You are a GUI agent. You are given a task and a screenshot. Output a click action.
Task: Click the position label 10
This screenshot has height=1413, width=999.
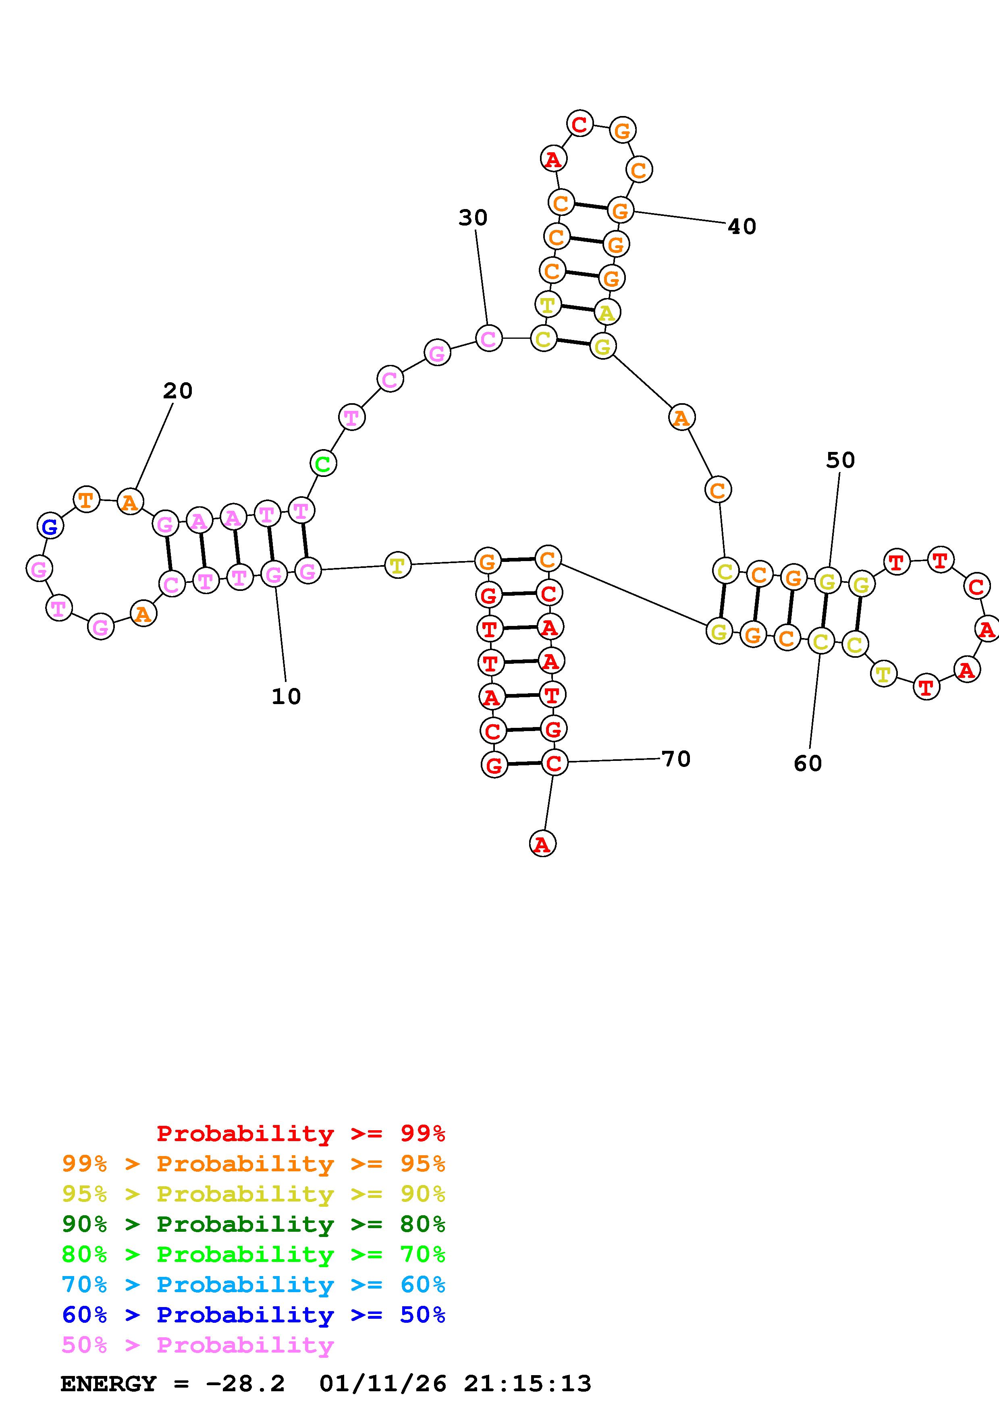click(286, 696)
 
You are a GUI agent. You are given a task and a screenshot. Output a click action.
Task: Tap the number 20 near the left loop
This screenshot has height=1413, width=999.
click(178, 390)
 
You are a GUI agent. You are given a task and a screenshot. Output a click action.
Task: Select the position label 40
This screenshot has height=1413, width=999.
click(742, 226)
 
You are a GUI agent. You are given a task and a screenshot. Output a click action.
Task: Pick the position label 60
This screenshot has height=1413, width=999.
click(808, 763)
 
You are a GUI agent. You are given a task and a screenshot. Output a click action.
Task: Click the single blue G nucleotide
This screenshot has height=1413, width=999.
click(50, 526)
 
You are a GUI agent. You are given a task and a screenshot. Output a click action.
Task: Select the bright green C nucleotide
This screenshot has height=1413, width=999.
click(322, 463)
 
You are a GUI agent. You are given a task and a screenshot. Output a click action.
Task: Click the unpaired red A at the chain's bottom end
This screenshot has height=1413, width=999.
click(542, 844)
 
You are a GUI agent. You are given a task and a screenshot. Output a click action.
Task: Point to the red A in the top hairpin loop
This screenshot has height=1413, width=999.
click(553, 160)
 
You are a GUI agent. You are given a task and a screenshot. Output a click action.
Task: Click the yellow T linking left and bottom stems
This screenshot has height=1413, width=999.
click(398, 565)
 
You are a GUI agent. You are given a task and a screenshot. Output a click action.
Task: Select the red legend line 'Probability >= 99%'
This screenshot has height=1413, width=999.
click(301, 1133)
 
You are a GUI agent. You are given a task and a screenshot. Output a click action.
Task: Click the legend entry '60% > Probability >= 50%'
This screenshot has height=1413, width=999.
click(253, 1315)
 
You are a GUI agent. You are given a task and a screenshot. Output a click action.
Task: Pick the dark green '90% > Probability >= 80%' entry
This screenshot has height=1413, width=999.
click(253, 1224)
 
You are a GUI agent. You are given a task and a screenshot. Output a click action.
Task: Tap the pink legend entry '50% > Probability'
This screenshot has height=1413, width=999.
click(197, 1345)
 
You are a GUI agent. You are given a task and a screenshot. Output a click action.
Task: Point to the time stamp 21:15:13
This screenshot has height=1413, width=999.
click(528, 1384)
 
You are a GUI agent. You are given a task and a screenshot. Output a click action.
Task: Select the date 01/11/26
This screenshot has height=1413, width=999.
click(383, 1384)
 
